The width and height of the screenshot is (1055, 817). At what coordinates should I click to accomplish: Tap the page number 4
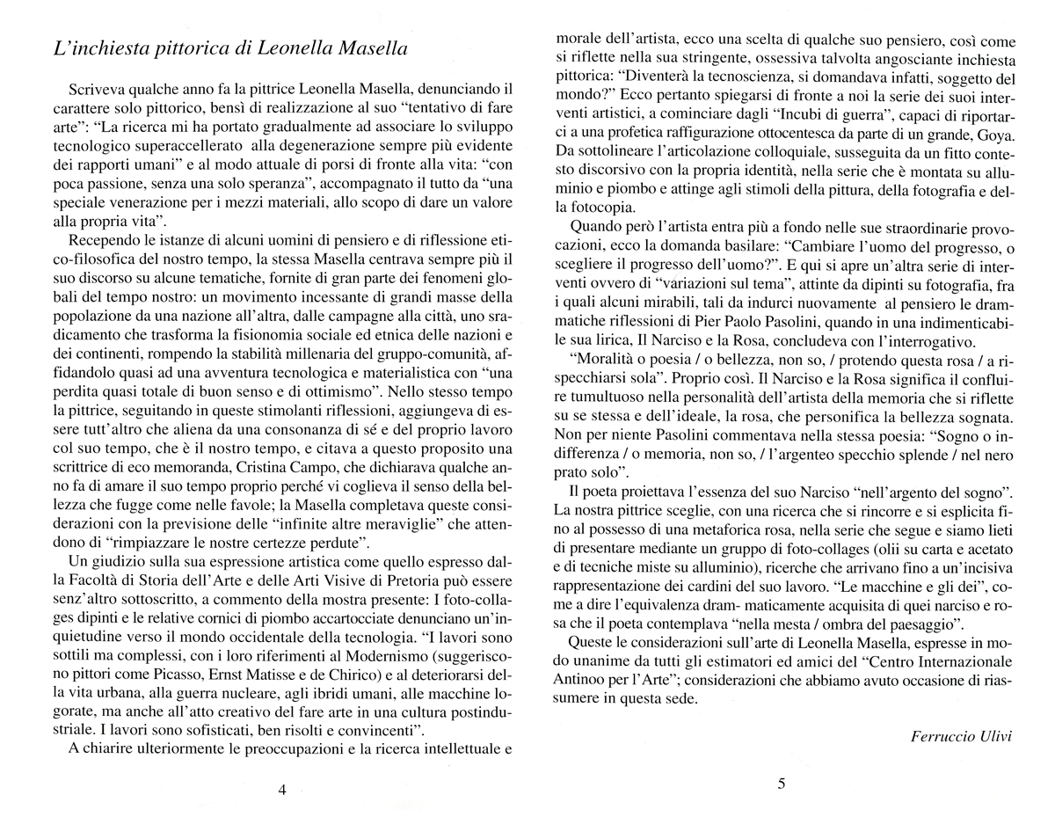[x=282, y=789]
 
